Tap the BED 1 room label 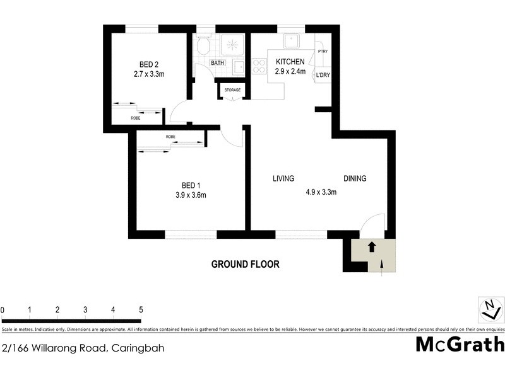point(191,185)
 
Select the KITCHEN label point(290,62)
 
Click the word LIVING point(283,178)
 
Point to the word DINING point(355,178)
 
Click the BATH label point(217,63)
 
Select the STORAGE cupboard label point(232,90)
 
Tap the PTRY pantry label point(323,52)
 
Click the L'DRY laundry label point(323,76)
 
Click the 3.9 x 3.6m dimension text point(191,195)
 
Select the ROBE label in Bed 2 point(136,118)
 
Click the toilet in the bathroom point(203,46)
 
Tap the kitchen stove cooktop point(259,66)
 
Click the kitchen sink point(292,41)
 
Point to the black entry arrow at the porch point(372,247)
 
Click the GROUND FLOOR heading point(245,265)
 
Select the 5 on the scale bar point(141,310)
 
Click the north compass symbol point(490,308)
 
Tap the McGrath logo point(460,344)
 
